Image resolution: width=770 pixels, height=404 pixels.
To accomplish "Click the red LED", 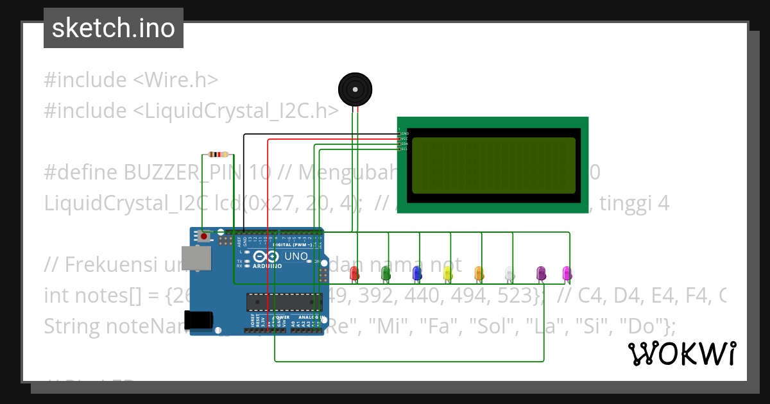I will click(x=354, y=273).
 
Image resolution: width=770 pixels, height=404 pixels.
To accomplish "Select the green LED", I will click(x=386, y=273).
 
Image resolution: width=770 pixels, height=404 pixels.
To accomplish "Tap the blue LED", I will click(x=416, y=273).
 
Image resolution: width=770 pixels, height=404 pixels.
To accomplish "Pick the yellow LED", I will click(x=447, y=273).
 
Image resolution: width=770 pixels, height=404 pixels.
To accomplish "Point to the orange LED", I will click(x=478, y=273).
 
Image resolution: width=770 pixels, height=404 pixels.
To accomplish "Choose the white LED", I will click(x=509, y=273).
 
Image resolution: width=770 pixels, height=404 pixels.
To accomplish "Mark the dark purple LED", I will click(x=540, y=273).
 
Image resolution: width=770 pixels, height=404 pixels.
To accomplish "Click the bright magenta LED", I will click(x=566, y=273).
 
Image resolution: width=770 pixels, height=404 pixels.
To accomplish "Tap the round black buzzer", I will click(x=354, y=89).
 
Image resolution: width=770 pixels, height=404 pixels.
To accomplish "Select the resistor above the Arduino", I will click(x=218, y=155).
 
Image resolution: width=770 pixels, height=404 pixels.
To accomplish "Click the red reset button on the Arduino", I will click(x=204, y=236).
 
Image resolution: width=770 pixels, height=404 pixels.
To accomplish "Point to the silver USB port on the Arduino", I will click(x=196, y=258).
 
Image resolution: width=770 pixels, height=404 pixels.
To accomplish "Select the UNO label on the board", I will click(x=296, y=257).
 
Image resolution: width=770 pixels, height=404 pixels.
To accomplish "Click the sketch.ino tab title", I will click(x=113, y=28).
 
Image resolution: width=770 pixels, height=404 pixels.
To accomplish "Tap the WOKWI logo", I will click(x=681, y=353).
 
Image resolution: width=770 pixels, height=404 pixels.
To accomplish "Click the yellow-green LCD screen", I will click(x=493, y=165).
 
